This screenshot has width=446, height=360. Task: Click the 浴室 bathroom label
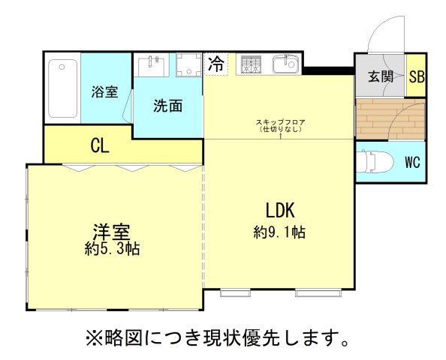point(105,92)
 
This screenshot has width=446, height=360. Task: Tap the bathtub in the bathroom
point(62,90)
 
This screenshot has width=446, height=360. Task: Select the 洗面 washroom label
point(168,106)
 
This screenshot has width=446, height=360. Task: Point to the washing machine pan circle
point(186,65)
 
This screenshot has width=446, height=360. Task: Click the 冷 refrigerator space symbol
point(216,64)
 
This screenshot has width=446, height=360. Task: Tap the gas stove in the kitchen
point(251,65)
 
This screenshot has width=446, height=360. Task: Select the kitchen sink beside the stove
point(285,65)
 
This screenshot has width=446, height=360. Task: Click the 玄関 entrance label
point(381,76)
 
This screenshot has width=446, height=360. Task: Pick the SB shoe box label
point(416,76)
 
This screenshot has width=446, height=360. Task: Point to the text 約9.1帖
point(279,232)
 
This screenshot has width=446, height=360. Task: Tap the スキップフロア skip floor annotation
point(279,125)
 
